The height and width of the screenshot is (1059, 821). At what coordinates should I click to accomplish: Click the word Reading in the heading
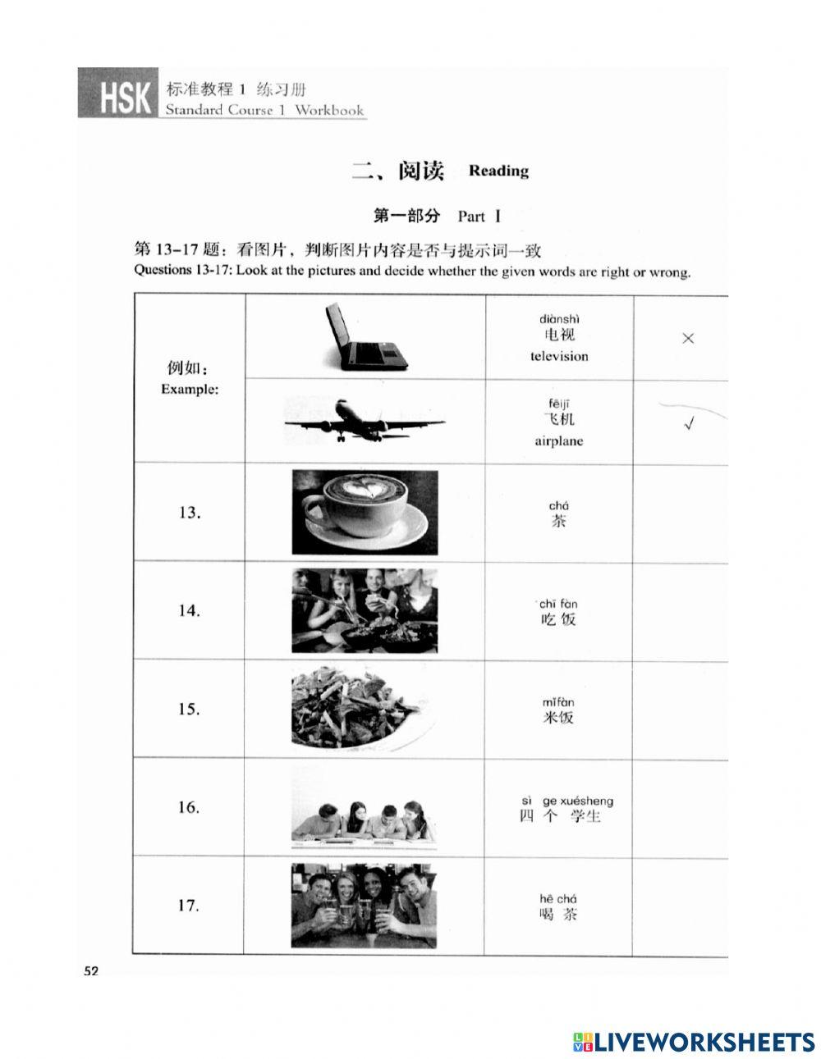pyautogui.click(x=498, y=171)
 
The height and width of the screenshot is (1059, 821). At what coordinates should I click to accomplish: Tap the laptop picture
pyautogui.click(x=365, y=336)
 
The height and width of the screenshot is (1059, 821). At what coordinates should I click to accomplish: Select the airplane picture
pyautogui.click(x=365, y=420)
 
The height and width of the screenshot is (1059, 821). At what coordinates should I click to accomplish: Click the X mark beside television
pyautogui.click(x=688, y=338)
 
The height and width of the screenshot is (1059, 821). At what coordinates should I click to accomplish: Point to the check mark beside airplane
pyautogui.click(x=689, y=424)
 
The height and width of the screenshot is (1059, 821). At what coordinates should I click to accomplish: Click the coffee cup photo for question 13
pyautogui.click(x=365, y=512)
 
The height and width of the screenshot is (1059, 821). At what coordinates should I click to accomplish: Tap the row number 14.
pyautogui.click(x=189, y=610)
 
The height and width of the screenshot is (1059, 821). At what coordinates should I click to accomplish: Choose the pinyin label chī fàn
pyautogui.click(x=558, y=604)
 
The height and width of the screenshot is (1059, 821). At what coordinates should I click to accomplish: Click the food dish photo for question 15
pyautogui.click(x=365, y=709)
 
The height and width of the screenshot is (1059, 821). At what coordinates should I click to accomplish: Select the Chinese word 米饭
pyautogui.click(x=558, y=718)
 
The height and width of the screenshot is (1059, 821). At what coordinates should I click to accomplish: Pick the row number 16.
pyautogui.click(x=189, y=807)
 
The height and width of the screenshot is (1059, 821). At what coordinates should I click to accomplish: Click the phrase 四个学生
pyautogui.click(x=561, y=816)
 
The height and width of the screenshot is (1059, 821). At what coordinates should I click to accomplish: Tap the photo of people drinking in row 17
pyautogui.click(x=364, y=906)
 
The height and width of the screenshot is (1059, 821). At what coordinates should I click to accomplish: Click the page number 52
pyautogui.click(x=90, y=971)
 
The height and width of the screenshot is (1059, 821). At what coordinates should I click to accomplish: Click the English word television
pyautogui.click(x=559, y=356)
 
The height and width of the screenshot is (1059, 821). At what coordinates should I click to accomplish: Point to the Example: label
pyautogui.click(x=190, y=389)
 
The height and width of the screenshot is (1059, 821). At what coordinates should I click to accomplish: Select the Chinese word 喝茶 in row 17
pyautogui.click(x=558, y=914)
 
